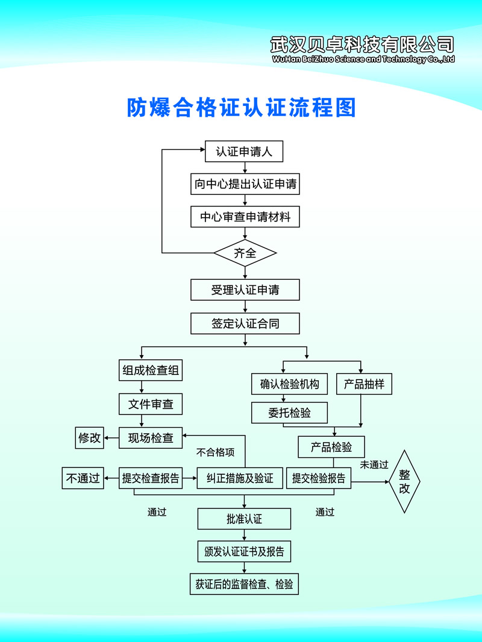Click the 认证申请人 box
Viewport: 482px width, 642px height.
click(244, 152)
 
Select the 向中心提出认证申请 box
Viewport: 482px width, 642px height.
click(245, 184)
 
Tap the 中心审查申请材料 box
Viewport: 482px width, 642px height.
click(245, 217)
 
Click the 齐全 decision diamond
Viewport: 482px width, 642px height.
click(245, 253)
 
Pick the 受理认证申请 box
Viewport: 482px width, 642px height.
click(245, 290)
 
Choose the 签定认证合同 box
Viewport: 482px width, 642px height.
click(245, 324)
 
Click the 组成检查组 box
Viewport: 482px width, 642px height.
click(150, 371)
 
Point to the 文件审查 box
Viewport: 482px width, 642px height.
click(150, 404)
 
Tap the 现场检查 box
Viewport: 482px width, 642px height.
click(150, 438)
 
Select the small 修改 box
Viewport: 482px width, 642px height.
click(89, 438)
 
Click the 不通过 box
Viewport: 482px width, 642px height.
click(83, 479)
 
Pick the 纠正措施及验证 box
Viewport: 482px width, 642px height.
click(239, 479)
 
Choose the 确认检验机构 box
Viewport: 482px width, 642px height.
click(289, 384)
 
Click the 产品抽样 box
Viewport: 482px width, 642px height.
click(364, 384)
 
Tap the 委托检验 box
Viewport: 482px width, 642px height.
click(289, 413)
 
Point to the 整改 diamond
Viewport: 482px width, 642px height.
click(404, 481)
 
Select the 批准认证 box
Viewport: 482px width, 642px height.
click(244, 519)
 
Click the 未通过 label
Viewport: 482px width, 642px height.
click(374, 465)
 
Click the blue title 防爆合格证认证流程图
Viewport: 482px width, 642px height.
click(242, 107)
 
